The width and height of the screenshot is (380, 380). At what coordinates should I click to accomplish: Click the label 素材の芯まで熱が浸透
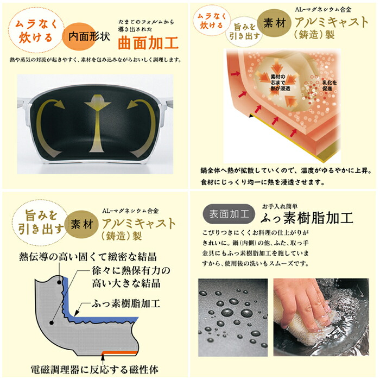point(280,82)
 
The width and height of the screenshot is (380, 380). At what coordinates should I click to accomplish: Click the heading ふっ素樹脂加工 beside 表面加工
point(307,218)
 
